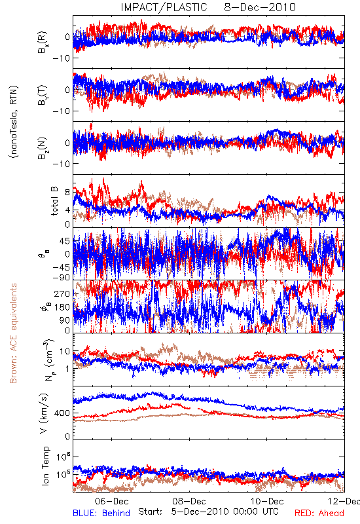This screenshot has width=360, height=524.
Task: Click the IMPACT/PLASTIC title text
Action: coord(164,7)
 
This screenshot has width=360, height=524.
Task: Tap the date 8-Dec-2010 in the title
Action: coord(260,7)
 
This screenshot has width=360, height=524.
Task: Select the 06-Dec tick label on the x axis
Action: coord(111,501)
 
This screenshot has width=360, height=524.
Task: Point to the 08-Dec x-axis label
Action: coord(189,501)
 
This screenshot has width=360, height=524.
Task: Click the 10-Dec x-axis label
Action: coord(267,501)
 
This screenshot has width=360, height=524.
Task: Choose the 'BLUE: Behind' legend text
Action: coord(101,513)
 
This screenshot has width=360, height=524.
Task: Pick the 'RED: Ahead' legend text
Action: coord(319,513)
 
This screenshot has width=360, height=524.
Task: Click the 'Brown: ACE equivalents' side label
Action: coord(13,333)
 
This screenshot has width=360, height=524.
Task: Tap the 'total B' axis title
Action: coord(54,201)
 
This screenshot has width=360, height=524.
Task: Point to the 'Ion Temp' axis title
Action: coord(46,466)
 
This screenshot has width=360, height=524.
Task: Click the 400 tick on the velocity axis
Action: coord(63,413)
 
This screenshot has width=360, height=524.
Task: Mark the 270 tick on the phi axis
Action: coord(63,293)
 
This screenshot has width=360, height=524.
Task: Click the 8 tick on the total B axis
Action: coord(68,193)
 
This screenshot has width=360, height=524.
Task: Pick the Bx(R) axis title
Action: coord(43,42)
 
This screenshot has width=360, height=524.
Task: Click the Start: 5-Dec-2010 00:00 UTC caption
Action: coord(208,512)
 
